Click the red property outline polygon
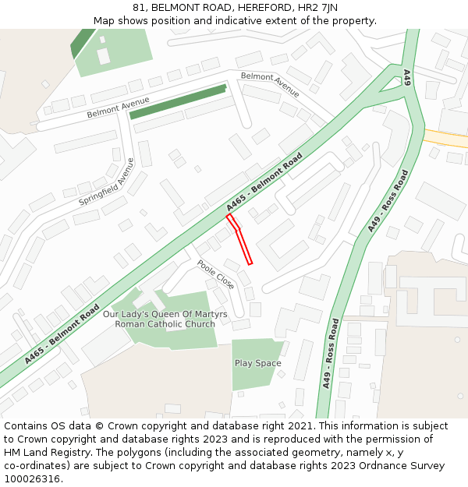click(x=241, y=240)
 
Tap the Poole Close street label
click(x=215, y=275)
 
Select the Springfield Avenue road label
click(x=106, y=182)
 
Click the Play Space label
click(x=258, y=363)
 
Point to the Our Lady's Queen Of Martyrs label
click(x=165, y=314)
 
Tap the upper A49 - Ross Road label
click(x=388, y=200)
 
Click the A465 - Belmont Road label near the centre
click(x=264, y=182)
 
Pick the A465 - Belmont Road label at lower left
click(x=62, y=333)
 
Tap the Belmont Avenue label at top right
click(x=270, y=84)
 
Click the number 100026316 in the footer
click(x=30, y=479)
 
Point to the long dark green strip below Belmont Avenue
click(x=178, y=102)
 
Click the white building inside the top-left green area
click(x=104, y=55)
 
